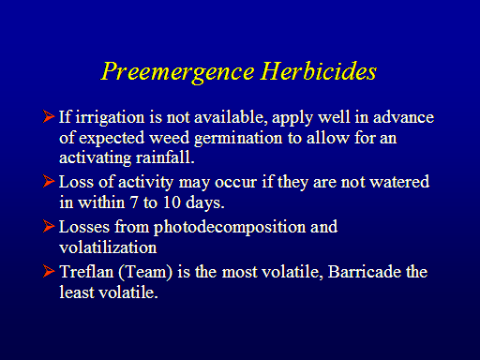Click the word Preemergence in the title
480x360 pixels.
(x=177, y=72)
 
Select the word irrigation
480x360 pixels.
(x=110, y=118)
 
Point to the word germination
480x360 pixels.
(x=238, y=139)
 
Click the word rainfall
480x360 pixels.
(x=165, y=157)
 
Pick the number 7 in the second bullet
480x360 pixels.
(x=133, y=202)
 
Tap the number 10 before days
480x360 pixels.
(x=172, y=202)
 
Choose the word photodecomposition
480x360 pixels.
(x=230, y=228)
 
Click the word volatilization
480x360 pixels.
(x=108, y=247)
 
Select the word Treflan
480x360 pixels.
(x=86, y=271)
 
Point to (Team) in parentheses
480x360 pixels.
(x=145, y=272)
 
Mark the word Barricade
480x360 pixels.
(x=365, y=271)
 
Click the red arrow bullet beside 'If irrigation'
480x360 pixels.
(x=49, y=116)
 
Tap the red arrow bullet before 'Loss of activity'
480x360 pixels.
(x=49, y=181)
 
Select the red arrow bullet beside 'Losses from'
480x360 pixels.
(x=49, y=226)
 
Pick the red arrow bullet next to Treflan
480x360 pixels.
(x=49, y=271)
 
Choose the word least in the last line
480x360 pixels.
(x=77, y=292)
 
